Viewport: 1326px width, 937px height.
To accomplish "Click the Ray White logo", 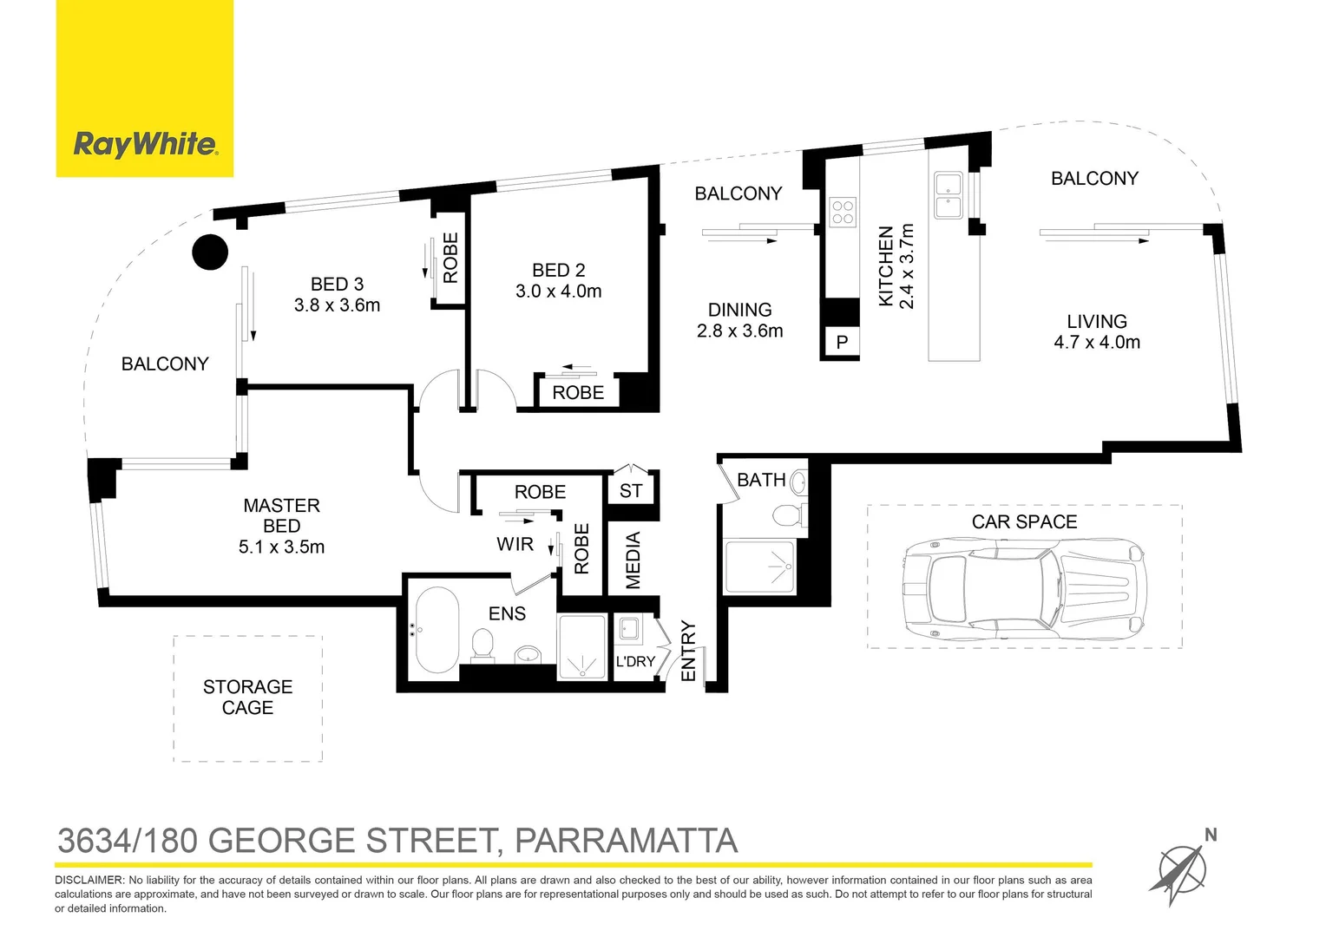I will tap(145, 143).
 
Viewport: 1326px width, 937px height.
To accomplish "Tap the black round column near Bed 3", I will tap(210, 252).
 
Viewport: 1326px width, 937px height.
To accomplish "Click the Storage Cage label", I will tap(247, 698).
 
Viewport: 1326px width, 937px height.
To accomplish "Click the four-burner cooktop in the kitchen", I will tap(843, 212).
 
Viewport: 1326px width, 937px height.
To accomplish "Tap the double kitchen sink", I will tap(948, 195).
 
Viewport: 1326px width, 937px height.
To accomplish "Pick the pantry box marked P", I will tap(841, 342).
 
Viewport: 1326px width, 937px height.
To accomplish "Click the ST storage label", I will tap(631, 491).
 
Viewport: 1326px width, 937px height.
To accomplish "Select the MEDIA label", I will tap(633, 560).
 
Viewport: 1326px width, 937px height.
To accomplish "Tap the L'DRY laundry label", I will tap(635, 661).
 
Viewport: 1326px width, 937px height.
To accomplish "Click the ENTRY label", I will tap(688, 651).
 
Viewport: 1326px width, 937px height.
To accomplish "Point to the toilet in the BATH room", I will tap(787, 515).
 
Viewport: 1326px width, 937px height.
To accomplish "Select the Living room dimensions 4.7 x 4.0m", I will tap(1097, 343).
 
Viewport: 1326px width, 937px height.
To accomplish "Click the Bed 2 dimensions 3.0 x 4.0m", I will tap(558, 292).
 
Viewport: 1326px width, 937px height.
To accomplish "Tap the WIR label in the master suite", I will tap(515, 545).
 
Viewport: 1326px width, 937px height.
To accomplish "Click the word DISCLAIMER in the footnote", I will tap(89, 880).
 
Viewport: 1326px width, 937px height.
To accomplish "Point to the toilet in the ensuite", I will tap(482, 644).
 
